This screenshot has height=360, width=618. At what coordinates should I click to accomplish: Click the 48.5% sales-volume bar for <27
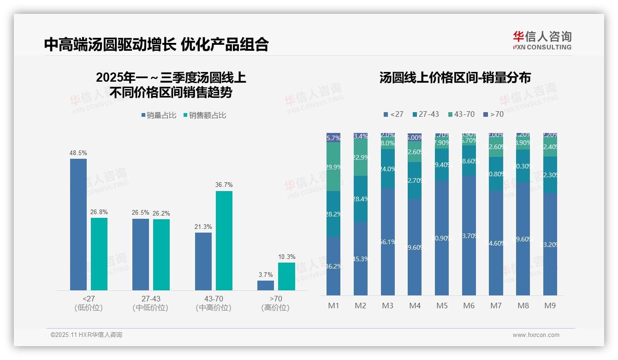[x=78, y=224]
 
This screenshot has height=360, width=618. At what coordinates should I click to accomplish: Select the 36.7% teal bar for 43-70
[x=224, y=240]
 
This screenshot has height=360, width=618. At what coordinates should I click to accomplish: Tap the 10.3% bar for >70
[x=286, y=276]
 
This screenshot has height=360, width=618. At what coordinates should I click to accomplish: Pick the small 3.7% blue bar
[x=266, y=285]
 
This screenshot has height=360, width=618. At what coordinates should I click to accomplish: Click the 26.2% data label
[x=161, y=213]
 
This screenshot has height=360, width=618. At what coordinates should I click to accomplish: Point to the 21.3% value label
[x=203, y=227]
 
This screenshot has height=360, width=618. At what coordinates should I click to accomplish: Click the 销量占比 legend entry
[x=159, y=115]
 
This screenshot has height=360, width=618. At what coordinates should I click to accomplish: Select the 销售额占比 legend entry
[x=205, y=115]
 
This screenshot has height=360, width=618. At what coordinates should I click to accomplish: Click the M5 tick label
[x=442, y=306]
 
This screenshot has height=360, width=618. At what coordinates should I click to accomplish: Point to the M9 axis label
[x=550, y=306]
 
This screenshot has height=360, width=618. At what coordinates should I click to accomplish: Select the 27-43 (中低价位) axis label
[x=150, y=303]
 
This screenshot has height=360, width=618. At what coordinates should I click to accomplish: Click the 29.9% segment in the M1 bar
[x=333, y=167]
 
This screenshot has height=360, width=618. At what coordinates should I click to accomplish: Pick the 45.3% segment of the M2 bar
[x=361, y=258]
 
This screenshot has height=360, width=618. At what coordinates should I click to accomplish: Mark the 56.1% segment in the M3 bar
[x=388, y=241]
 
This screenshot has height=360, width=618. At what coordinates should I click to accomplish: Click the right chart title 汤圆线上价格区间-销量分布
[x=455, y=78]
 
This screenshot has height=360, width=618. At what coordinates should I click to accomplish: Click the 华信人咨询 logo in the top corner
[x=542, y=40]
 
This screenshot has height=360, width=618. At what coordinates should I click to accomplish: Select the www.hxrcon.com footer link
[x=536, y=335]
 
